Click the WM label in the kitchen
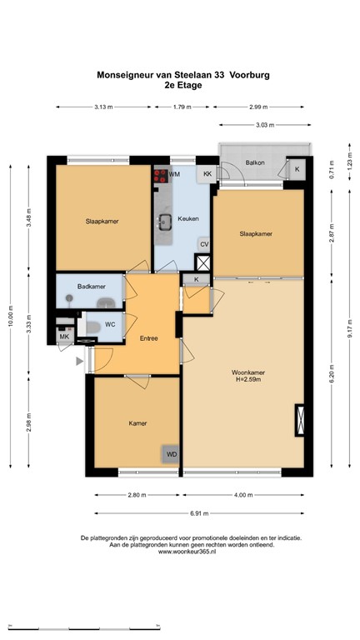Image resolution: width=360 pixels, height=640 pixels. pyautogui.click(x=176, y=174)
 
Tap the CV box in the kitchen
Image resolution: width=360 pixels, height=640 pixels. pyautogui.click(x=203, y=244)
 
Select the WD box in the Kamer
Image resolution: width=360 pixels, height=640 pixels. pyautogui.click(x=172, y=454)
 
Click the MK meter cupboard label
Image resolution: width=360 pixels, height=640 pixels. pyautogui.click(x=63, y=336)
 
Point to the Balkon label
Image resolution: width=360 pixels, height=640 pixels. pyautogui.click(x=255, y=162)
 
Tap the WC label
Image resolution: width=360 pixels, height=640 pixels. pyautogui.click(x=110, y=324)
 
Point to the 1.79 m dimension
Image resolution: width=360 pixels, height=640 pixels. pyautogui.click(x=182, y=107)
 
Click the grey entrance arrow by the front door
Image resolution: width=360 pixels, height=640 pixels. pyautogui.click(x=79, y=361)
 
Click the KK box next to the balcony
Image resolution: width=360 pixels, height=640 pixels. pyautogui.click(x=207, y=174)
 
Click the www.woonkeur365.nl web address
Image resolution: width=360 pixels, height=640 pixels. pyautogui.click(x=180, y=552)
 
